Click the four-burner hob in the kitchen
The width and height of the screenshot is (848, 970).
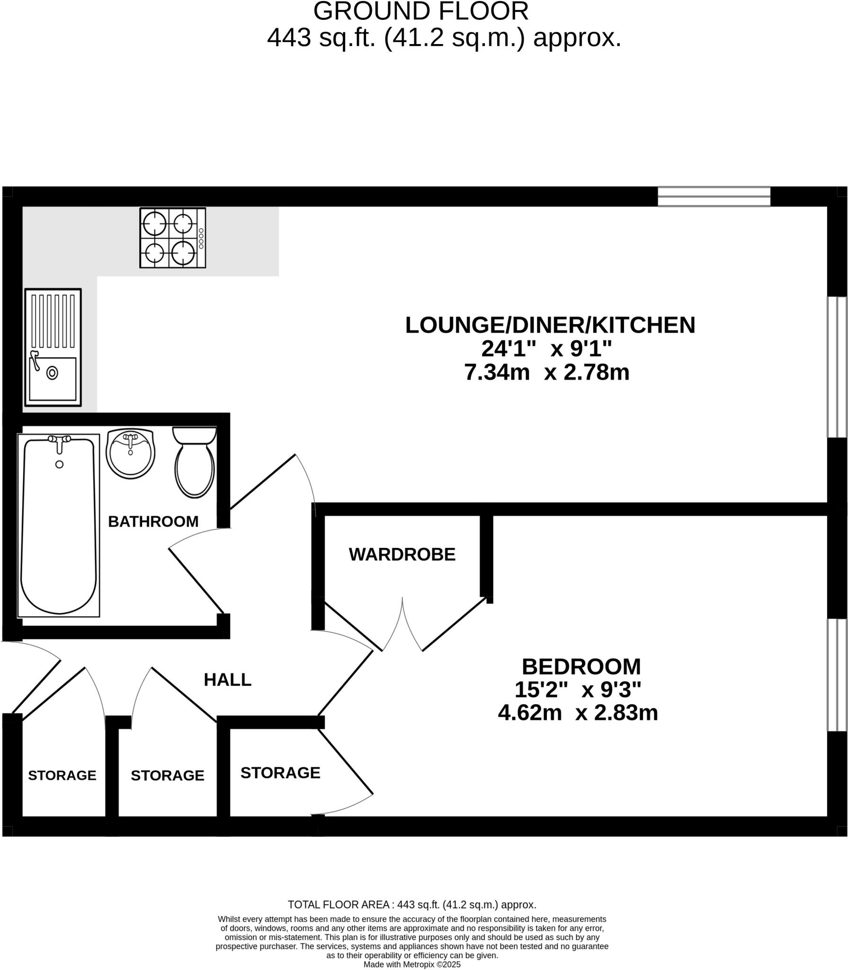click(172, 238)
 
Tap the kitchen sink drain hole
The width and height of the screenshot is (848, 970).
click(52, 373)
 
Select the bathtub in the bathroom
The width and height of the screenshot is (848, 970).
click(59, 526)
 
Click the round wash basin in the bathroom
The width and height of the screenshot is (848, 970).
click(131, 454)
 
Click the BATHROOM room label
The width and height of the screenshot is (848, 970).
click(153, 521)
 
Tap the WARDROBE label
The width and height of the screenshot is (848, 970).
click(402, 554)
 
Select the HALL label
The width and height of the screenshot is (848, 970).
click(227, 680)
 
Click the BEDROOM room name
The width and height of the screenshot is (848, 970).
click(581, 667)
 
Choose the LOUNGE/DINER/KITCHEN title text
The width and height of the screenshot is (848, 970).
click(550, 325)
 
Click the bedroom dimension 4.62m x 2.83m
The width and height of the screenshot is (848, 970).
click(578, 712)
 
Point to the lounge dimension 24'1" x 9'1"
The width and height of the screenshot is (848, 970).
click(546, 349)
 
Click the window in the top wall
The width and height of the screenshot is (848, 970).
click(714, 197)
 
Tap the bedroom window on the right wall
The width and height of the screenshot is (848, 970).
click(837, 675)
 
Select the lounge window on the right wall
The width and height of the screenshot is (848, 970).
click(837, 367)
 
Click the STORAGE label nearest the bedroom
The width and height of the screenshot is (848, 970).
click(280, 773)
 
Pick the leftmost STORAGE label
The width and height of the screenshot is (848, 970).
click(62, 775)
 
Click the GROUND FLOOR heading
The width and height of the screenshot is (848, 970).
click(421, 11)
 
